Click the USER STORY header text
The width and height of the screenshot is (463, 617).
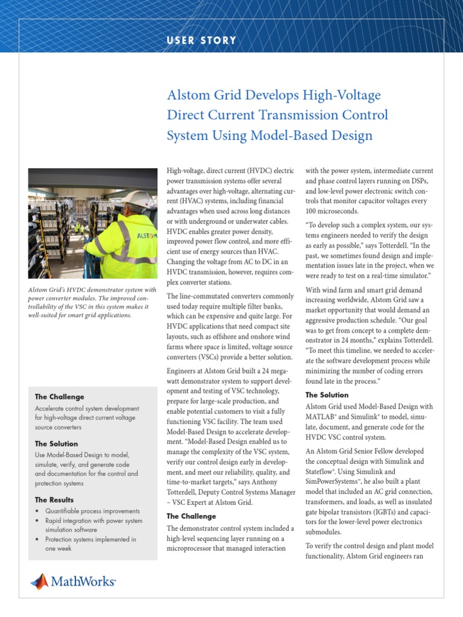201,40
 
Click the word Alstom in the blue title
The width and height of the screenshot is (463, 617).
186,95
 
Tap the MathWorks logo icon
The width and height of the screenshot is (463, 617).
39,581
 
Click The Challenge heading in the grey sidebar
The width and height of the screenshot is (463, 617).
60,397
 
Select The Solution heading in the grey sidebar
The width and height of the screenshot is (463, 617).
56,444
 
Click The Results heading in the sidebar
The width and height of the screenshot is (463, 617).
54,500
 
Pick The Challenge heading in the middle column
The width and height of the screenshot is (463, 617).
191,516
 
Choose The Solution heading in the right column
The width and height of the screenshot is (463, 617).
327,395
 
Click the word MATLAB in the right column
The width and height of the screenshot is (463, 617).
323,417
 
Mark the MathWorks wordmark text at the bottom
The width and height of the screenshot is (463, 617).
83,581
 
